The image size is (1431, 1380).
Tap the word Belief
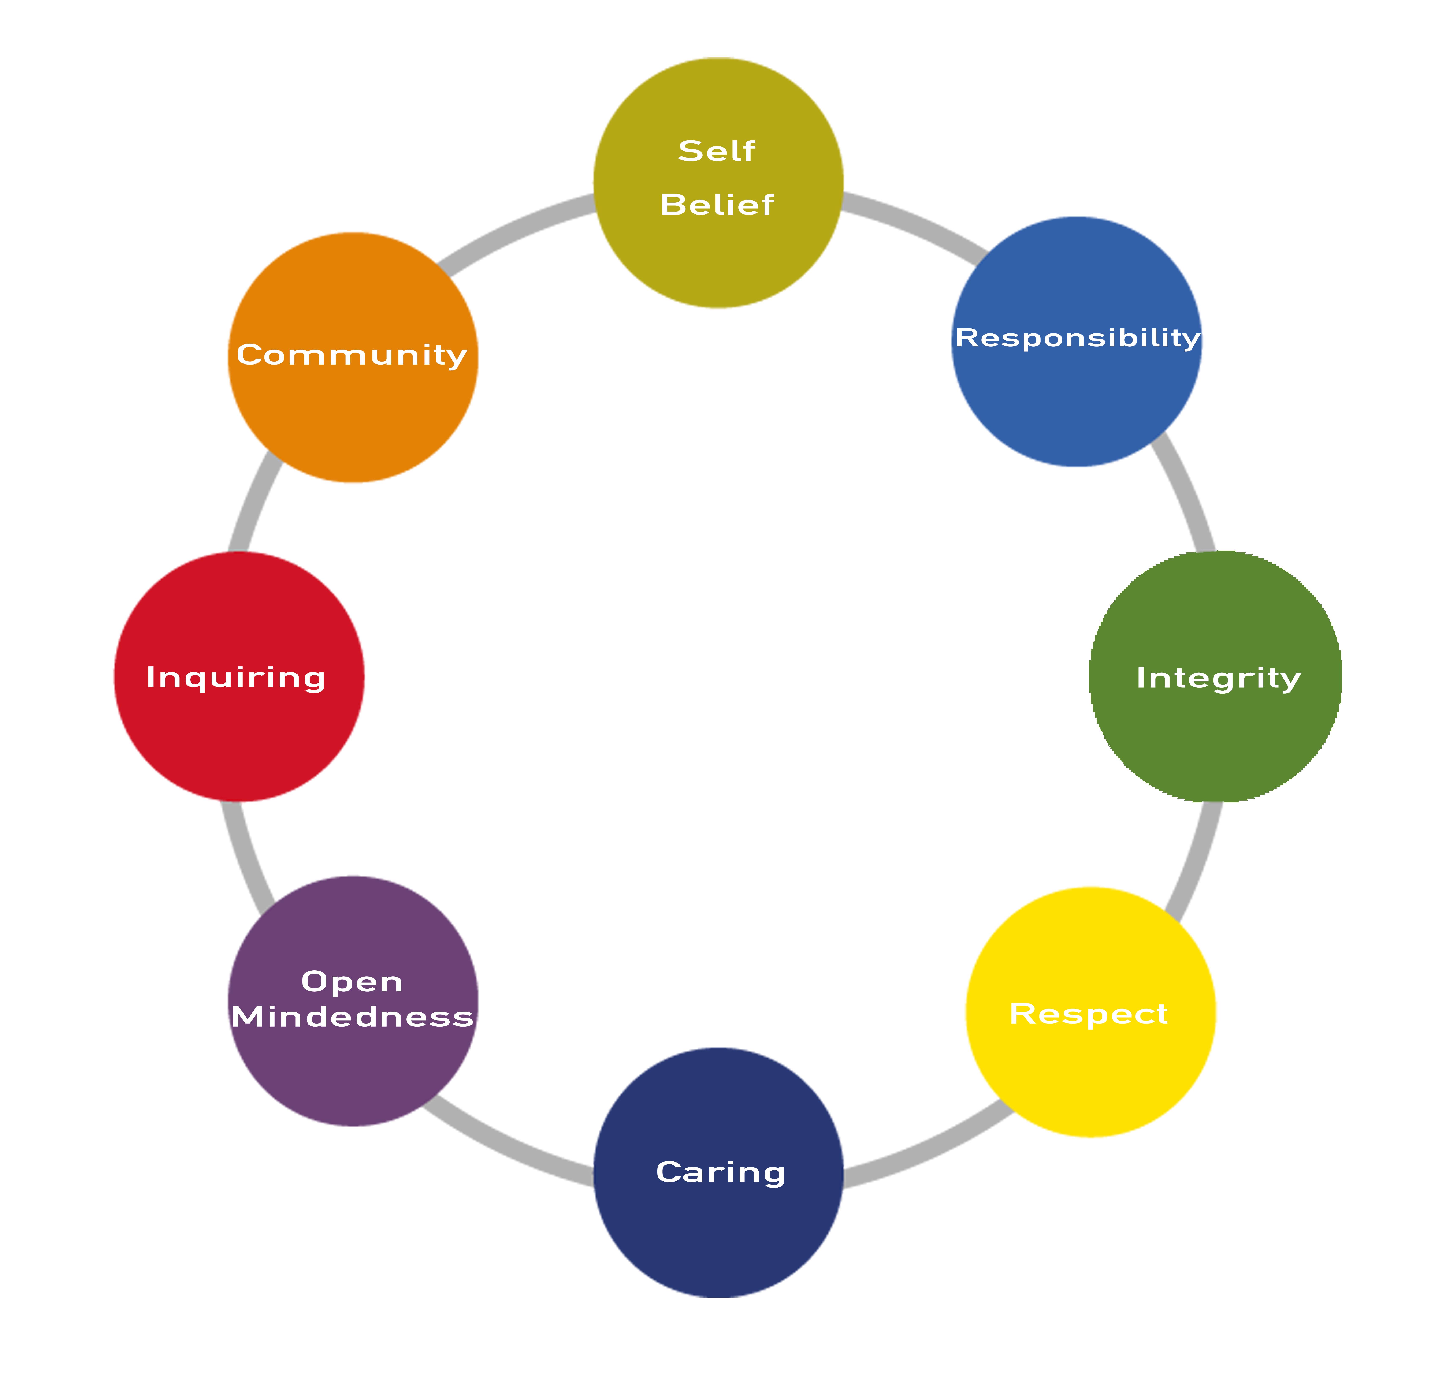point(717,205)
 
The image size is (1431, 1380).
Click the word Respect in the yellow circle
point(1089,1014)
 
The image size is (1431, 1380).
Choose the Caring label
point(721,1173)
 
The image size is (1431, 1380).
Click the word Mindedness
point(353,1017)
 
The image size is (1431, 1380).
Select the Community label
point(352,355)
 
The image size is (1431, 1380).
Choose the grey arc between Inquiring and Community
point(253,500)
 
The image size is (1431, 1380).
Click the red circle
point(239,676)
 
